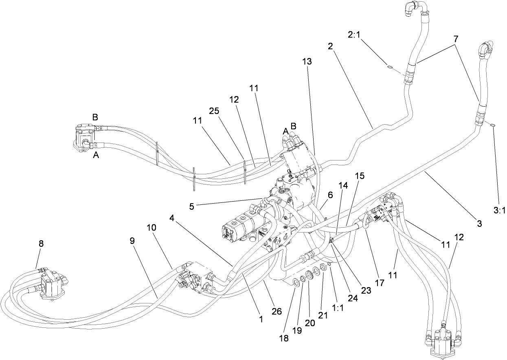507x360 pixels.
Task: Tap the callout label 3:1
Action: (499, 211)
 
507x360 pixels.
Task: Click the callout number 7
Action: (456, 39)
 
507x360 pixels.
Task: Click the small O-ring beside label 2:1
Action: (390, 68)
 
